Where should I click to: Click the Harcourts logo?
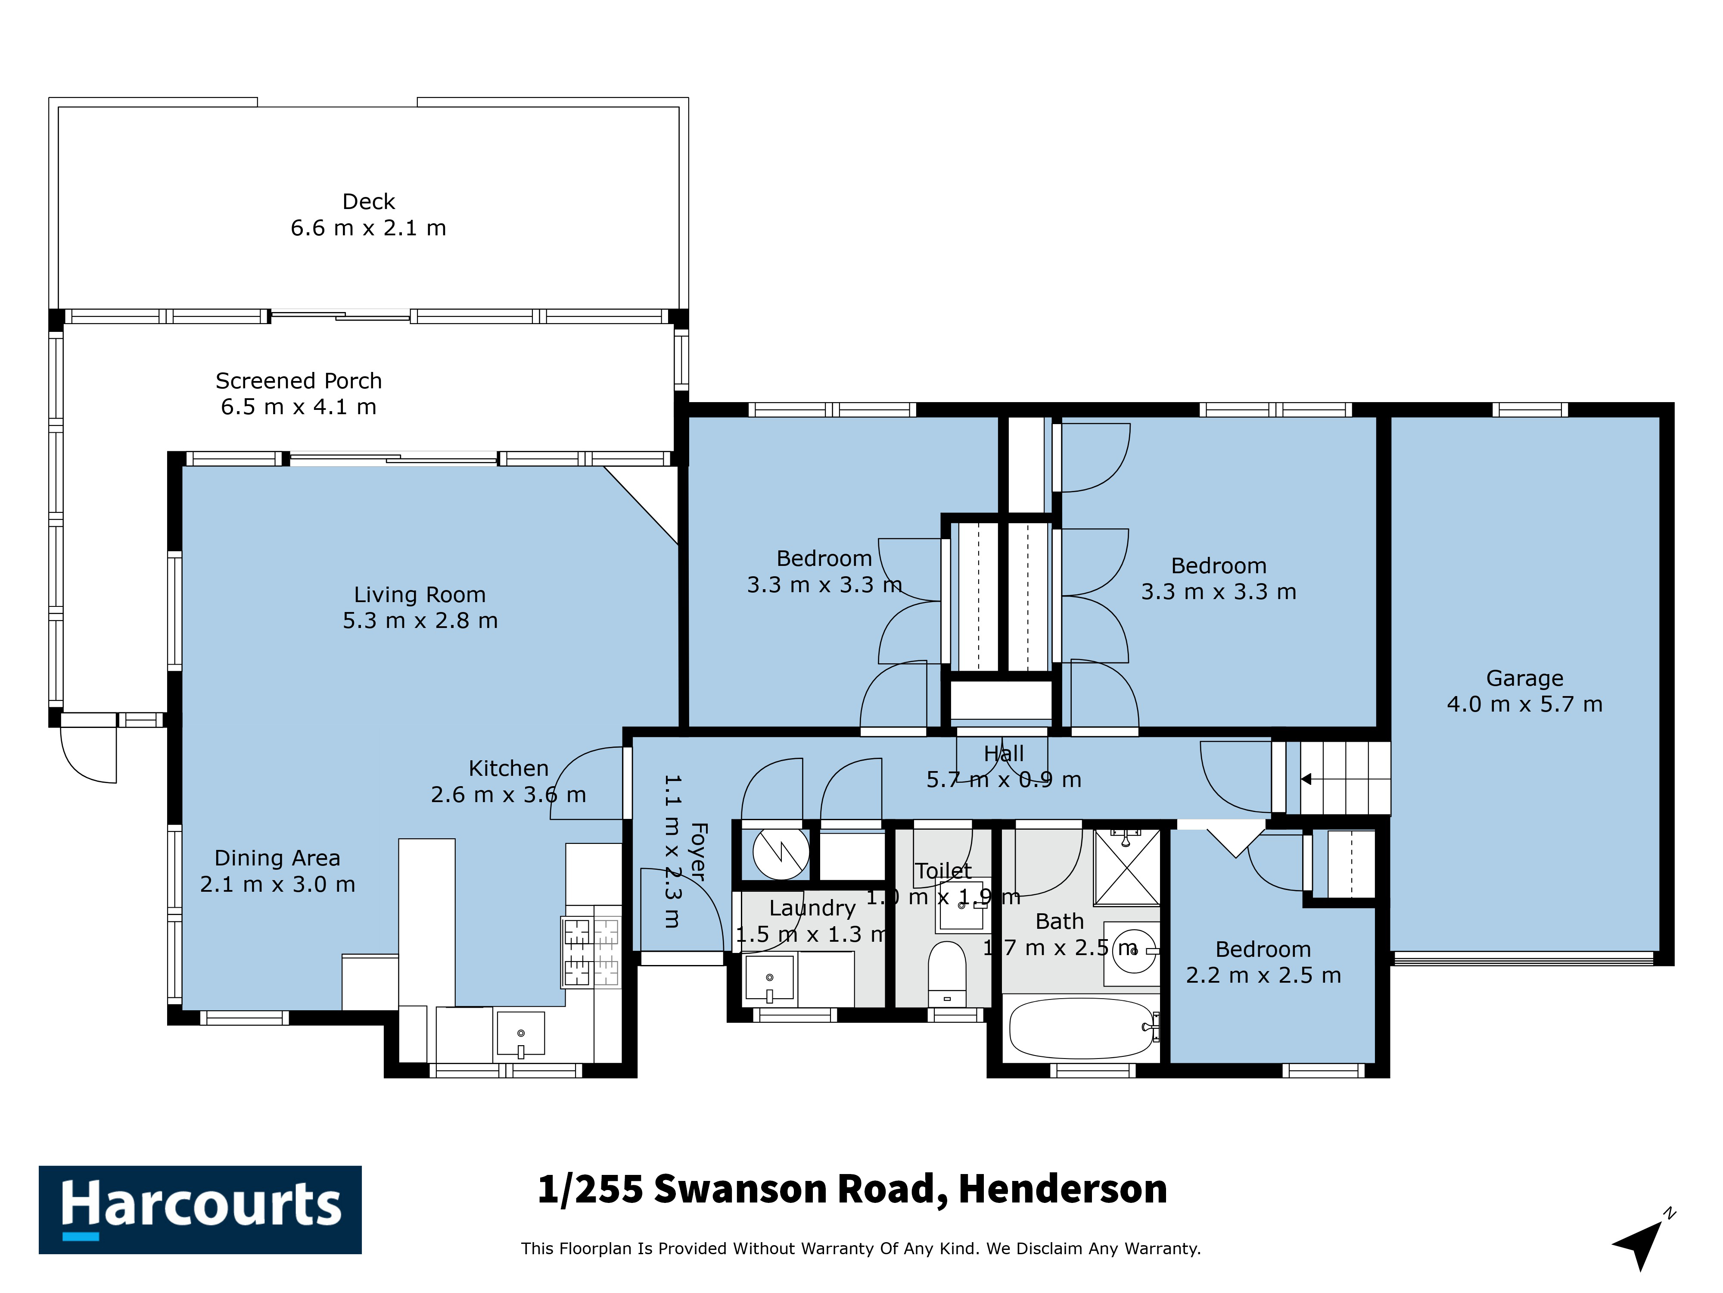tap(200, 1210)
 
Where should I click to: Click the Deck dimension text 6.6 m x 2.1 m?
tap(368, 228)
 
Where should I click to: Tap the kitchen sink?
tap(520, 1034)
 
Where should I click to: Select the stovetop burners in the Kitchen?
tap(591, 953)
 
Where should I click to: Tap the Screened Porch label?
tap(299, 380)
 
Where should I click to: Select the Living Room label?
tap(420, 595)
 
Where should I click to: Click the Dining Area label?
tap(277, 858)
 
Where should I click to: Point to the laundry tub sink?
tap(770, 978)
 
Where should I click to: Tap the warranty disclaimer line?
tap(861, 1249)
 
